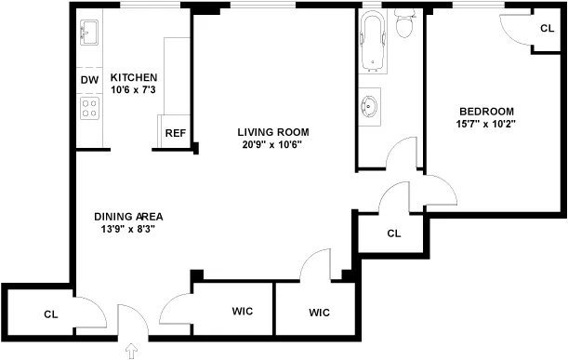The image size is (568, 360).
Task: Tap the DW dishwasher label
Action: click(x=89, y=81)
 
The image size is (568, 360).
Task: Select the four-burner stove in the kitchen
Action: click(x=90, y=109)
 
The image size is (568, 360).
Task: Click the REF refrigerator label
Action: click(x=176, y=133)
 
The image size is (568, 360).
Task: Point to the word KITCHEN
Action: click(x=134, y=77)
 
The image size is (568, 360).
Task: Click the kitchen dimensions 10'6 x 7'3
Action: click(x=134, y=90)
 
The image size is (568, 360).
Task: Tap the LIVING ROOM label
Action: click(x=272, y=132)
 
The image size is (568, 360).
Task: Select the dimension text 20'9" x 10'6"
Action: click(x=272, y=145)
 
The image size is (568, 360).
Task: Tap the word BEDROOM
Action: click(x=485, y=111)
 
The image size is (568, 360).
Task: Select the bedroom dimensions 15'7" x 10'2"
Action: click(x=485, y=124)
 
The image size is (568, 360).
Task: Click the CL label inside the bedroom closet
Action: click(x=548, y=29)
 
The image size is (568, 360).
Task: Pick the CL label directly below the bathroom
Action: click(x=393, y=233)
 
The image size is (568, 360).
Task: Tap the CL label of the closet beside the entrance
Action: click(x=50, y=314)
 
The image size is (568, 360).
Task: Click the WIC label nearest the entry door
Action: click(x=243, y=311)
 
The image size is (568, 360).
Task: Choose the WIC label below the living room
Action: click(x=319, y=313)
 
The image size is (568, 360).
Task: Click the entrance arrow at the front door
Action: click(x=129, y=351)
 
